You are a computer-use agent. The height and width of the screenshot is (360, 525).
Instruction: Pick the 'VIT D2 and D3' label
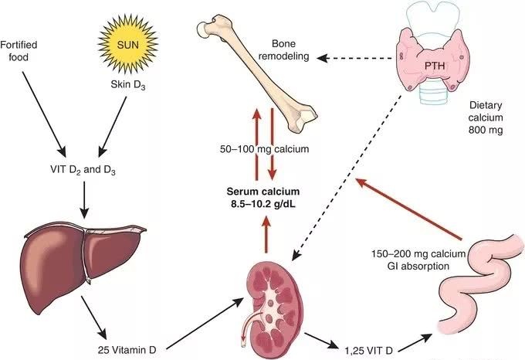[x=82, y=170]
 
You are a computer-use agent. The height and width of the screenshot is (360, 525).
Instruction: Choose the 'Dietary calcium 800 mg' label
[x=491, y=116]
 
